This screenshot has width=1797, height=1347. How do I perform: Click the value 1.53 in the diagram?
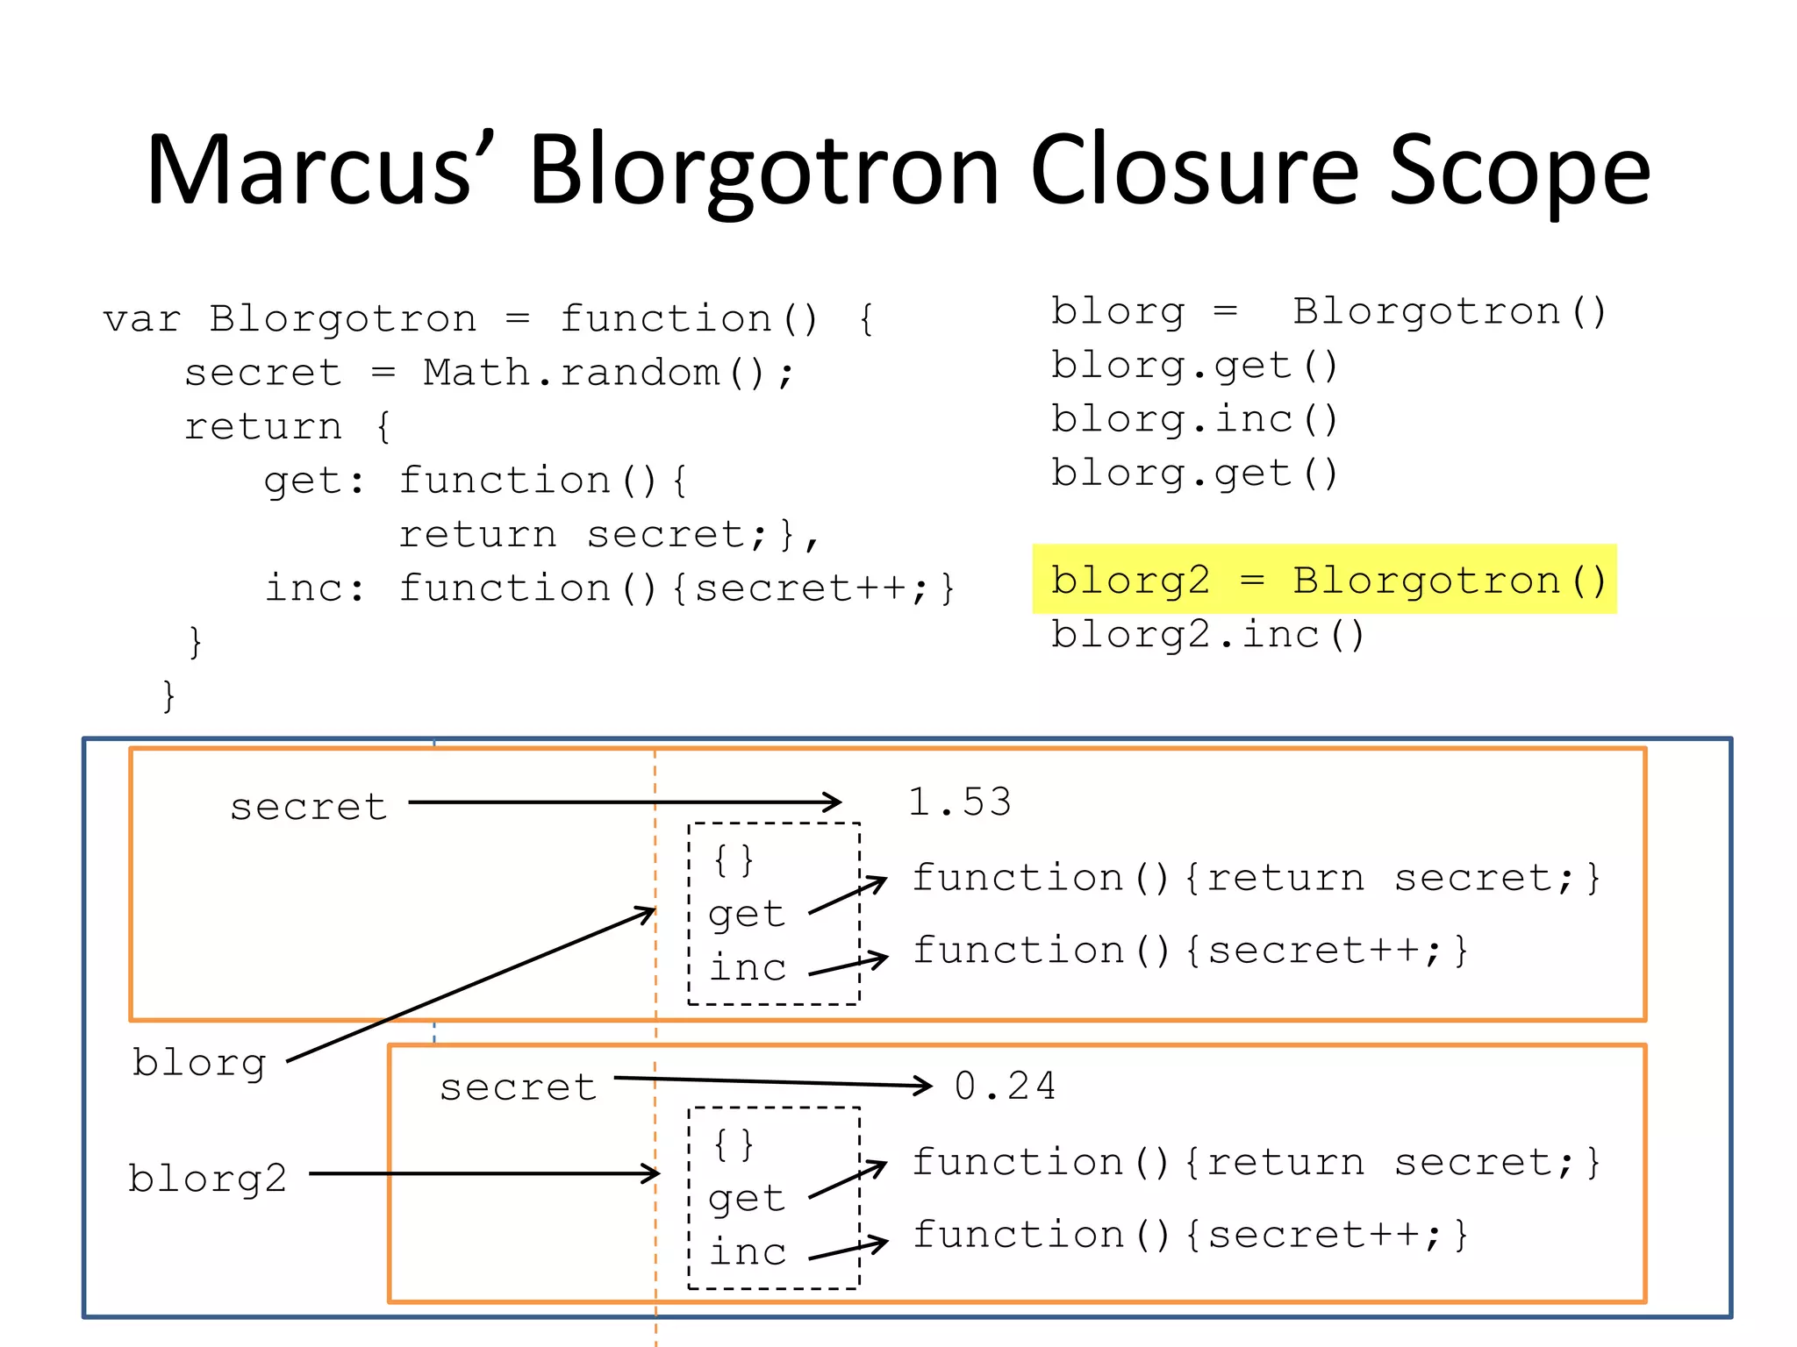pyautogui.click(x=959, y=802)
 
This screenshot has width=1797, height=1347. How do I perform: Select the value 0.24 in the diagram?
pyautogui.click(x=1005, y=1086)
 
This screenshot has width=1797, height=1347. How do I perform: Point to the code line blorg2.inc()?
pyautogui.click(x=1208, y=634)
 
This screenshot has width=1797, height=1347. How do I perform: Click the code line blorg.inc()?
pyautogui.click(x=1194, y=419)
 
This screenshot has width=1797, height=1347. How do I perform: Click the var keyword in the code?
pyautogui.click(x=141, y=319)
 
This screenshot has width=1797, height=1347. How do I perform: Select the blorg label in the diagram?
pyautogui.click(x=199, y=1063)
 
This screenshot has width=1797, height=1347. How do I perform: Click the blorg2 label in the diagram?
pyautogui.click(x=208, y=1178)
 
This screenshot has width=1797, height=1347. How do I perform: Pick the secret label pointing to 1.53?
pyautogui.click(x=308, y=807)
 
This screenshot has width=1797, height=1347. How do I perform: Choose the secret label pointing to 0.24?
pyautogui.click(x=518, y=1087)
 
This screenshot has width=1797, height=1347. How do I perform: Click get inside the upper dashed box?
pyautogui.click(x=746, y=914)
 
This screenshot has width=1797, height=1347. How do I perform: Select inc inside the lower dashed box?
pyautogui.click(x=748, y=1251)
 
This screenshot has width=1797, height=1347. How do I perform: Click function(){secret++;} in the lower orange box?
pyautogui.click(x=1190, y=1235)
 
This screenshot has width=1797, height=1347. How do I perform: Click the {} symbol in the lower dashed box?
pyautogui.click(x=734, y=1144)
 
